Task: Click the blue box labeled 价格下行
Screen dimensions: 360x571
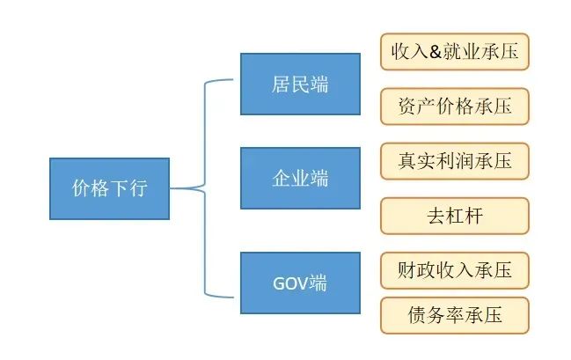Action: (x=109, y=188)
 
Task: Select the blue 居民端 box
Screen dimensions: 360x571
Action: (x=300, y=84)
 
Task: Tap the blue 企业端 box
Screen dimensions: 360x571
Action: (x=300, y=178)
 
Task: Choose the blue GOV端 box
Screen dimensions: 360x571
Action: (x=300, y=283)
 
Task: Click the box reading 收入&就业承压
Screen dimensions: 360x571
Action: (x=455, y=52)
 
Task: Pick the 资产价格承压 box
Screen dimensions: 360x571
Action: (x=455, y=106)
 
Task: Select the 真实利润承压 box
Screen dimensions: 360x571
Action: (x=455, y=161)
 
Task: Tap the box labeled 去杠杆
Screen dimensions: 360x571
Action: (x=455, y=216)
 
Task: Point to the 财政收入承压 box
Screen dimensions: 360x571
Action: (x=455, y=269)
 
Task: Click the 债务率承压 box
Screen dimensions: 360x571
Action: (x=455, y=315)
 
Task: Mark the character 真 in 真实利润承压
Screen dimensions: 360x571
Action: (x=408, y=161)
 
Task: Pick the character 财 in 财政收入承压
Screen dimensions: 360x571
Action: (x=408, y=269)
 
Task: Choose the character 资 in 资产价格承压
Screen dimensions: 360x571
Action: (x=408, y=106)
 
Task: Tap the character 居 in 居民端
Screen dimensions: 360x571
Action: (x=281, y=84)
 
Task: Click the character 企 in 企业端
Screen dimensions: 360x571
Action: (x=281, y=178)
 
